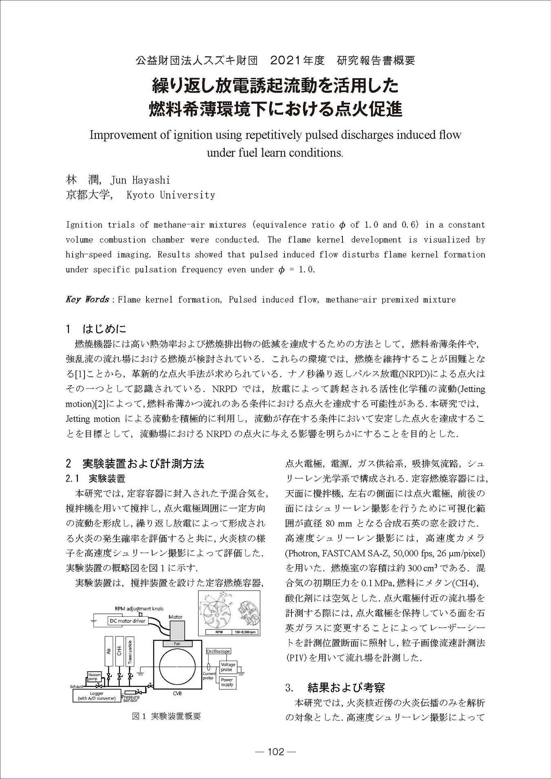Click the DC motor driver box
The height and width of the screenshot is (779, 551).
[x=127, y=621]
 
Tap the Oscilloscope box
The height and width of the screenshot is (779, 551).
[x=218, y=651]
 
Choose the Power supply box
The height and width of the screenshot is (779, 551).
[x=227, y=682]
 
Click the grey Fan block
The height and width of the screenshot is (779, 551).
[x=177, y=644]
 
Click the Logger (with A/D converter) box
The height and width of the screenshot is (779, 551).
[x=96, y=696]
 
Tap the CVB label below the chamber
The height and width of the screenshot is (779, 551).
[x=177, y=694]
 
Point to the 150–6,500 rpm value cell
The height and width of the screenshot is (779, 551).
[x=245, y=633]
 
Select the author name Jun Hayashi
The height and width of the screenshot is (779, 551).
[x=140, y=180]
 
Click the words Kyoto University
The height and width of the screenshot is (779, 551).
[x=171, y=195]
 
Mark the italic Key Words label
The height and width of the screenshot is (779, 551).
[x=87, y=299]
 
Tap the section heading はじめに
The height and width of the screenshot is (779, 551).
[x=104, y=329]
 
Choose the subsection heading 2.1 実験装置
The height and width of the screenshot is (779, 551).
[x=96, y=478]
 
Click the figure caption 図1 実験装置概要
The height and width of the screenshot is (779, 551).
[x=167, y=716]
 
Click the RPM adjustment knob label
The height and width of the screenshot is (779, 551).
[x=139, y=609]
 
